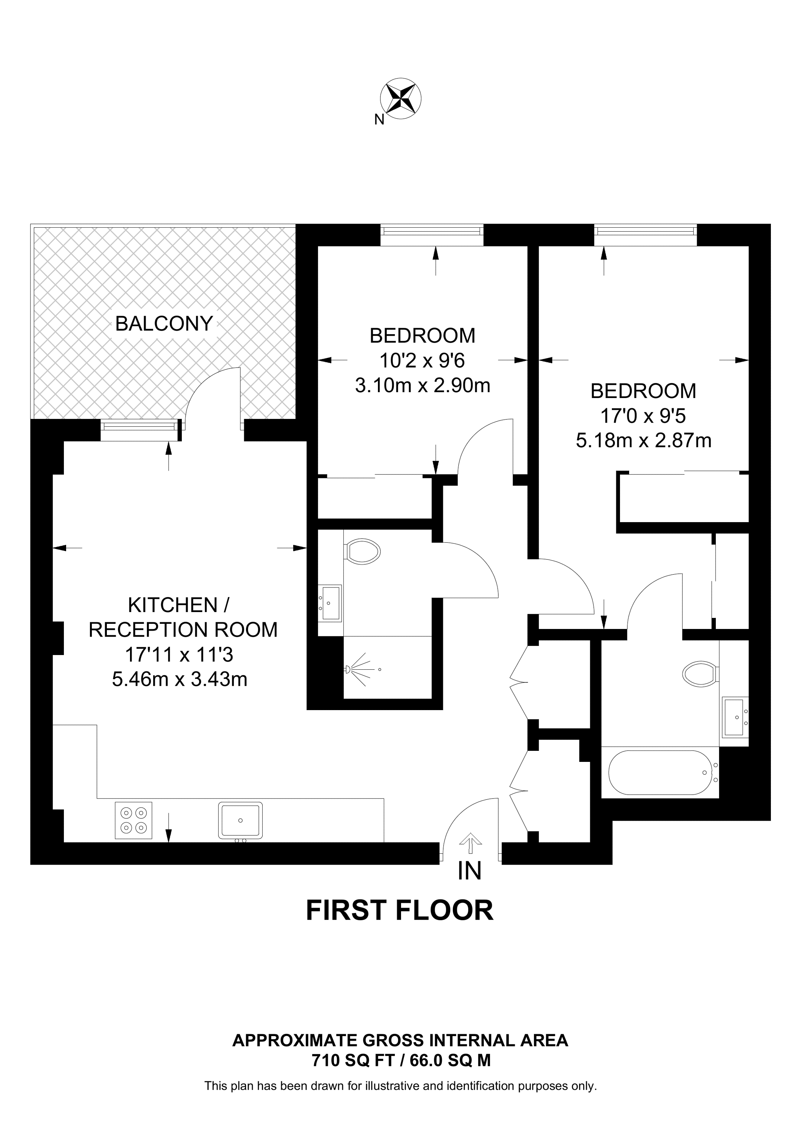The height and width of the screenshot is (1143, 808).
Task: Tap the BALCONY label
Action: pos(164,324)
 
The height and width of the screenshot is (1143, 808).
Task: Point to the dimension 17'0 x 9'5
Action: pos(643,416)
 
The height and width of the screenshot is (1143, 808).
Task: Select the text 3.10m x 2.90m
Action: pos(422,385)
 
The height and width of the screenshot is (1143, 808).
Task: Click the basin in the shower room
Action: pos(331,603)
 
